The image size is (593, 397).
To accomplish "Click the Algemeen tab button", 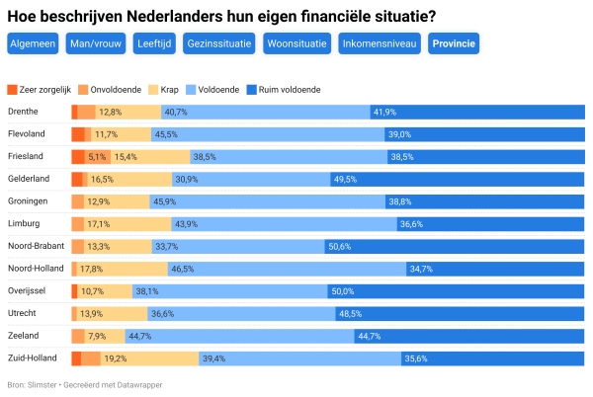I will tap(32, 43).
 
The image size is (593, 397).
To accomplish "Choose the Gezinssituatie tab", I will tap(220, 43).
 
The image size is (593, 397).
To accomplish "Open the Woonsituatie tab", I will tap(297, 43).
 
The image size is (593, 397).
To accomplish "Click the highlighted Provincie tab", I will tap(454, 43).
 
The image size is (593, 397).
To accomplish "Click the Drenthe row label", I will tap(23, 112).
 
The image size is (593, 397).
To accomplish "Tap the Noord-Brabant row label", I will tap(36, 246).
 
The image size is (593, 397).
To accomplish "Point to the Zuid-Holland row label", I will tap(33, 357).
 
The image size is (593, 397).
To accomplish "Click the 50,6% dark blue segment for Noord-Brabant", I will tap(453, 246).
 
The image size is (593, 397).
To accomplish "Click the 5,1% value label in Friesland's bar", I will tap(97, 157).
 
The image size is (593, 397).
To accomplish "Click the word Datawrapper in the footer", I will tap(136, 384).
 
